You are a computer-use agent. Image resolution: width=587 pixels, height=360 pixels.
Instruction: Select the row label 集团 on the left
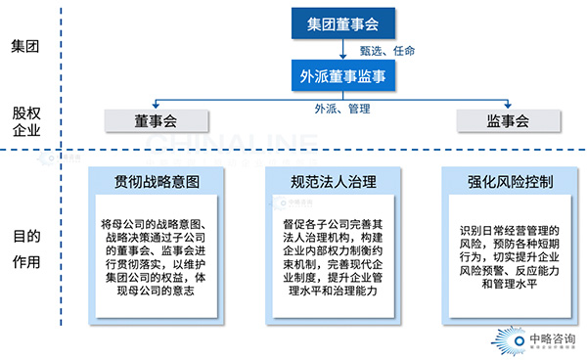coord(25,46)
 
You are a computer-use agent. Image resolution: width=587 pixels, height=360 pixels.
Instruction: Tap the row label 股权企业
coord(25,121)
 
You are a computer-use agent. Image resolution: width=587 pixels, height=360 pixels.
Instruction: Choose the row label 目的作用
coord(25,248)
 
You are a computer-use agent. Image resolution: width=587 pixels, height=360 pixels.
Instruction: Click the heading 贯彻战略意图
coord(157,181)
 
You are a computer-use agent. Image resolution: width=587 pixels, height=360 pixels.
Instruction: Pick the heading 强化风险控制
coord(510,181)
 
